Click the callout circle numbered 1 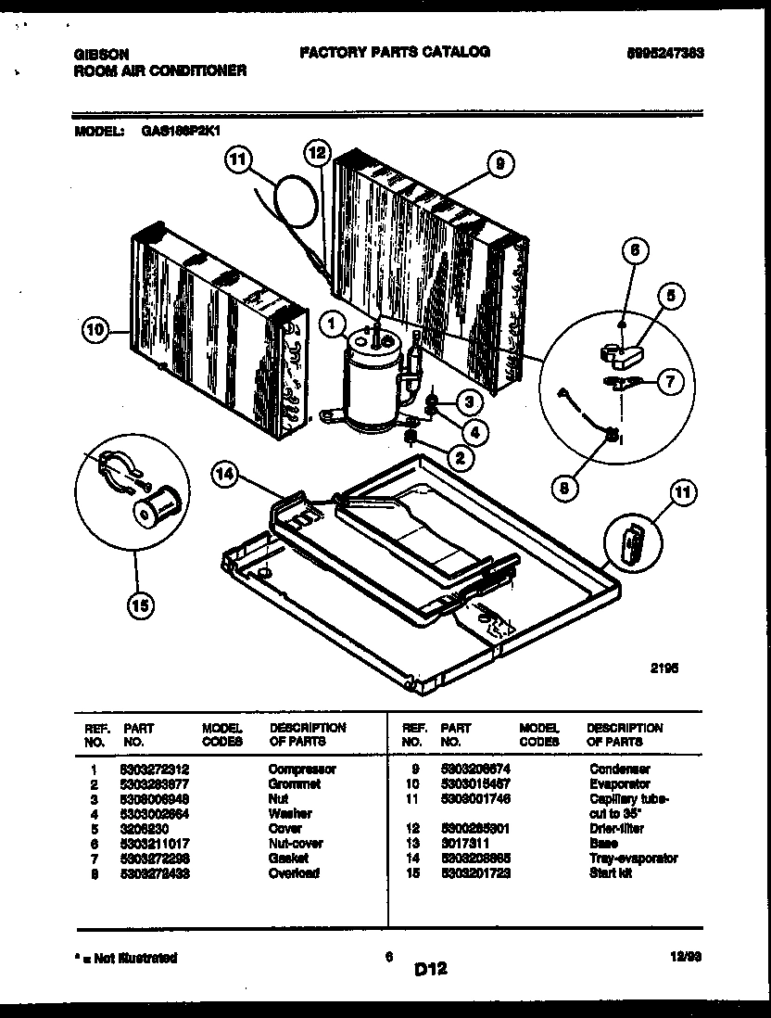[329, 323]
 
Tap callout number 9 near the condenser [499, 164]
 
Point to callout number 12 [318, 151]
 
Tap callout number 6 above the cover [635, 249]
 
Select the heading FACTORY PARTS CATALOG [394, 52]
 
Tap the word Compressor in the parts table [302, 769]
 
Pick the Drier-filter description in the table [616, 828]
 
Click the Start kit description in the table [610, 873]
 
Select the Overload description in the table [293, 873]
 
